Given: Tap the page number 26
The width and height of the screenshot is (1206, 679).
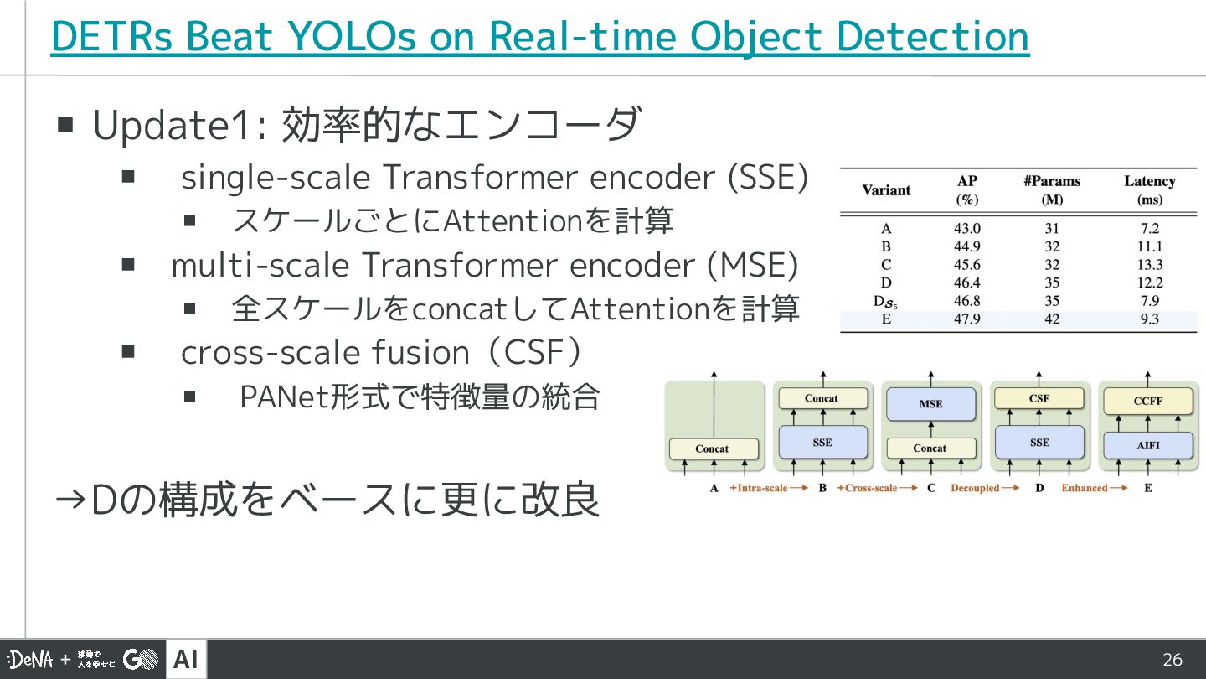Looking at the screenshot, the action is [1172, 660].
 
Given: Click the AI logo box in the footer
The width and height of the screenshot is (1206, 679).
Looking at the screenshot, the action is [186, 660].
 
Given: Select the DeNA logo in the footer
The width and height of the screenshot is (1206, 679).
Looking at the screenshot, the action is [30, 660].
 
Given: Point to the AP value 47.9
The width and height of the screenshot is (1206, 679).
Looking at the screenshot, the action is [966, 319].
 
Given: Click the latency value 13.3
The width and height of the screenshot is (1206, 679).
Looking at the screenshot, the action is [1149, 265].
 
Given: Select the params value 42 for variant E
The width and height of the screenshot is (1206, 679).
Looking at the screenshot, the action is [1052, 319].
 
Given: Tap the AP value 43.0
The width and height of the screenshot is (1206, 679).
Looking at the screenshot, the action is [966, 228].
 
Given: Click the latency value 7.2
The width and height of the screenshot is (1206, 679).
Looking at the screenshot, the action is [1149, 228].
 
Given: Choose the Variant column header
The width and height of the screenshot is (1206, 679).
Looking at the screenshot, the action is [886, 190].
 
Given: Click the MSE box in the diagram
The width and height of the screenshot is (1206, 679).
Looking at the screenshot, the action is [930, 403].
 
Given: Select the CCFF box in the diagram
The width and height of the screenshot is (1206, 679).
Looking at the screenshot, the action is [1147, 401].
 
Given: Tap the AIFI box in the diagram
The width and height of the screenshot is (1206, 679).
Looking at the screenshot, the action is [1147, 445].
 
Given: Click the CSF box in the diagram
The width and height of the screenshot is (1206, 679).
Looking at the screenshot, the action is [1039, 398].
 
